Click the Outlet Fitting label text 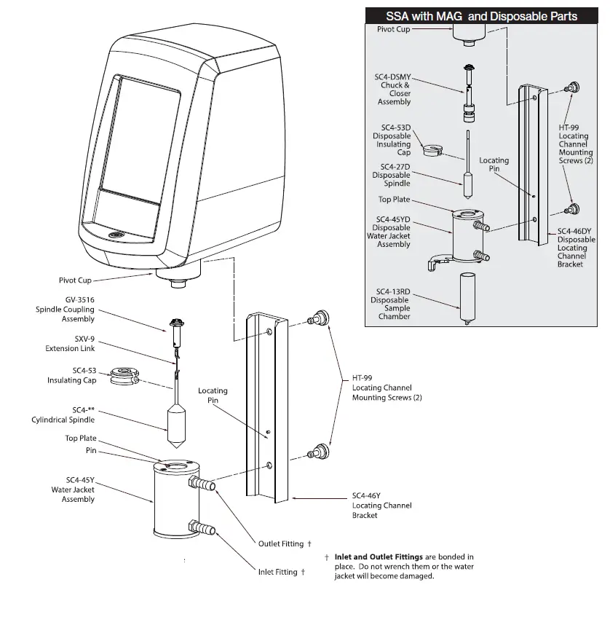click(x=281, y=543)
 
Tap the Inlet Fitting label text click(x=277, y=572)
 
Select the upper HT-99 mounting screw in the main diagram click(x=317, y=318)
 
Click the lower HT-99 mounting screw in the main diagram click(x=317, y=451)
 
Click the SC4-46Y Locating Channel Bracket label click(x=381, y=505)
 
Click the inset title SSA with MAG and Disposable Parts click(x=481, y=16)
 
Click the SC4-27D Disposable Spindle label click(x=391, y=175)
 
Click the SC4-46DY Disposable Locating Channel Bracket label click(x=576, y=248)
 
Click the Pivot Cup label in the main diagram click(x=75, y=280)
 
